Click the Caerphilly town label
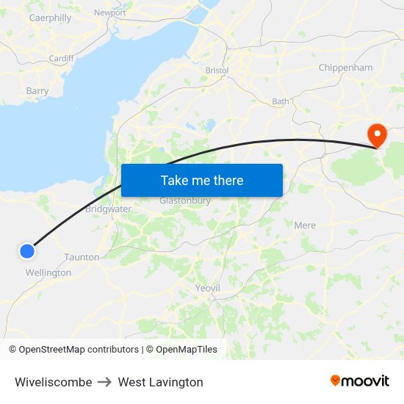[50, 18]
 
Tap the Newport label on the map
[110, 12]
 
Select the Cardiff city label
[61, 59]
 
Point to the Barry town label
[37, 91]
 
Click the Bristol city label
[217, 71]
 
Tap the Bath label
[281, 101]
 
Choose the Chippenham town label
[345, 68]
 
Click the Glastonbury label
[185, 201]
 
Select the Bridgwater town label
[108, 209]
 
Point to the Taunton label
[82, 257]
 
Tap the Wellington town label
[48, 273]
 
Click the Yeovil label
[208, 288]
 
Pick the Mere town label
[304, 225]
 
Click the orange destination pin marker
[378, 134]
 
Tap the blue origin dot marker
[26, 251]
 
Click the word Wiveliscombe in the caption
[53, 382]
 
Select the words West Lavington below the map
[160, 382]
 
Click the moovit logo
[359, 381]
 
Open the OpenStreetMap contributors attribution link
[79, 350]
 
